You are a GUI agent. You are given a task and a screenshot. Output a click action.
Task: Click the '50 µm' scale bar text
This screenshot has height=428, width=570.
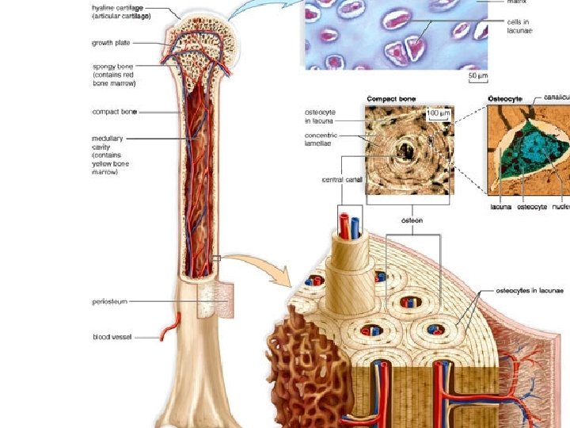pos(477,76)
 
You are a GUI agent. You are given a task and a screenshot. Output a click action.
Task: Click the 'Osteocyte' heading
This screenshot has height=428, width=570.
pos(505,99)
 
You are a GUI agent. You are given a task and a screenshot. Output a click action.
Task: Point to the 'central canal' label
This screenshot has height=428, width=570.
pos(342,180)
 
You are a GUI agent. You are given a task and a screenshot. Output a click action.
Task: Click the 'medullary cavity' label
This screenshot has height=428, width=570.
pos(110,155)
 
